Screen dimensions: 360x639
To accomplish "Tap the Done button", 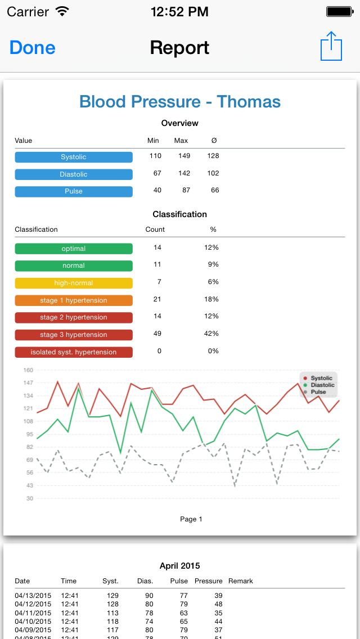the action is (33, 48).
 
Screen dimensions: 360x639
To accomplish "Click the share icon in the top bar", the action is (331, 46).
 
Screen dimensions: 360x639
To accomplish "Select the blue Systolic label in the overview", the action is (74, 157).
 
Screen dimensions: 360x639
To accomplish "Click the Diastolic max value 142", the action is (184, 173).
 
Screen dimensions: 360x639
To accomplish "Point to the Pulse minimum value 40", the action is (157, 190).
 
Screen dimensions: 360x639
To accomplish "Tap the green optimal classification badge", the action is (74, 249).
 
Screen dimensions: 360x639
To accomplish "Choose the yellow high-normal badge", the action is (74, 283).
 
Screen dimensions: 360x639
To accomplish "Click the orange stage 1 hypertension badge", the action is (74, 300).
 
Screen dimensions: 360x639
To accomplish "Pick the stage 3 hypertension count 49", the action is (157, 334).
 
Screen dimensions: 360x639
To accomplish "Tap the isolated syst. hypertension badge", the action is (74, 352).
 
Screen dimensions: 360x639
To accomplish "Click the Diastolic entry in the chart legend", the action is (319, 385).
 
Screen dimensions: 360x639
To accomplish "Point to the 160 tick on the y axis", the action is (29, 370).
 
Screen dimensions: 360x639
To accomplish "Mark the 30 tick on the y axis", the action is (30, 498).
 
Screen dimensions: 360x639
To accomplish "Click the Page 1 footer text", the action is (191, 519).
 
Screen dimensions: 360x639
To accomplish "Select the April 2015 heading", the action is (180, 566).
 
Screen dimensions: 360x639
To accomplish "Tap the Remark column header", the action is (241, 581).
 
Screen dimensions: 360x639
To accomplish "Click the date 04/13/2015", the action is (33, 596).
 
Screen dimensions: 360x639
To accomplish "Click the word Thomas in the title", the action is (249, 101).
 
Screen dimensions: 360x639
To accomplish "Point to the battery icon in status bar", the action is (339, 11).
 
